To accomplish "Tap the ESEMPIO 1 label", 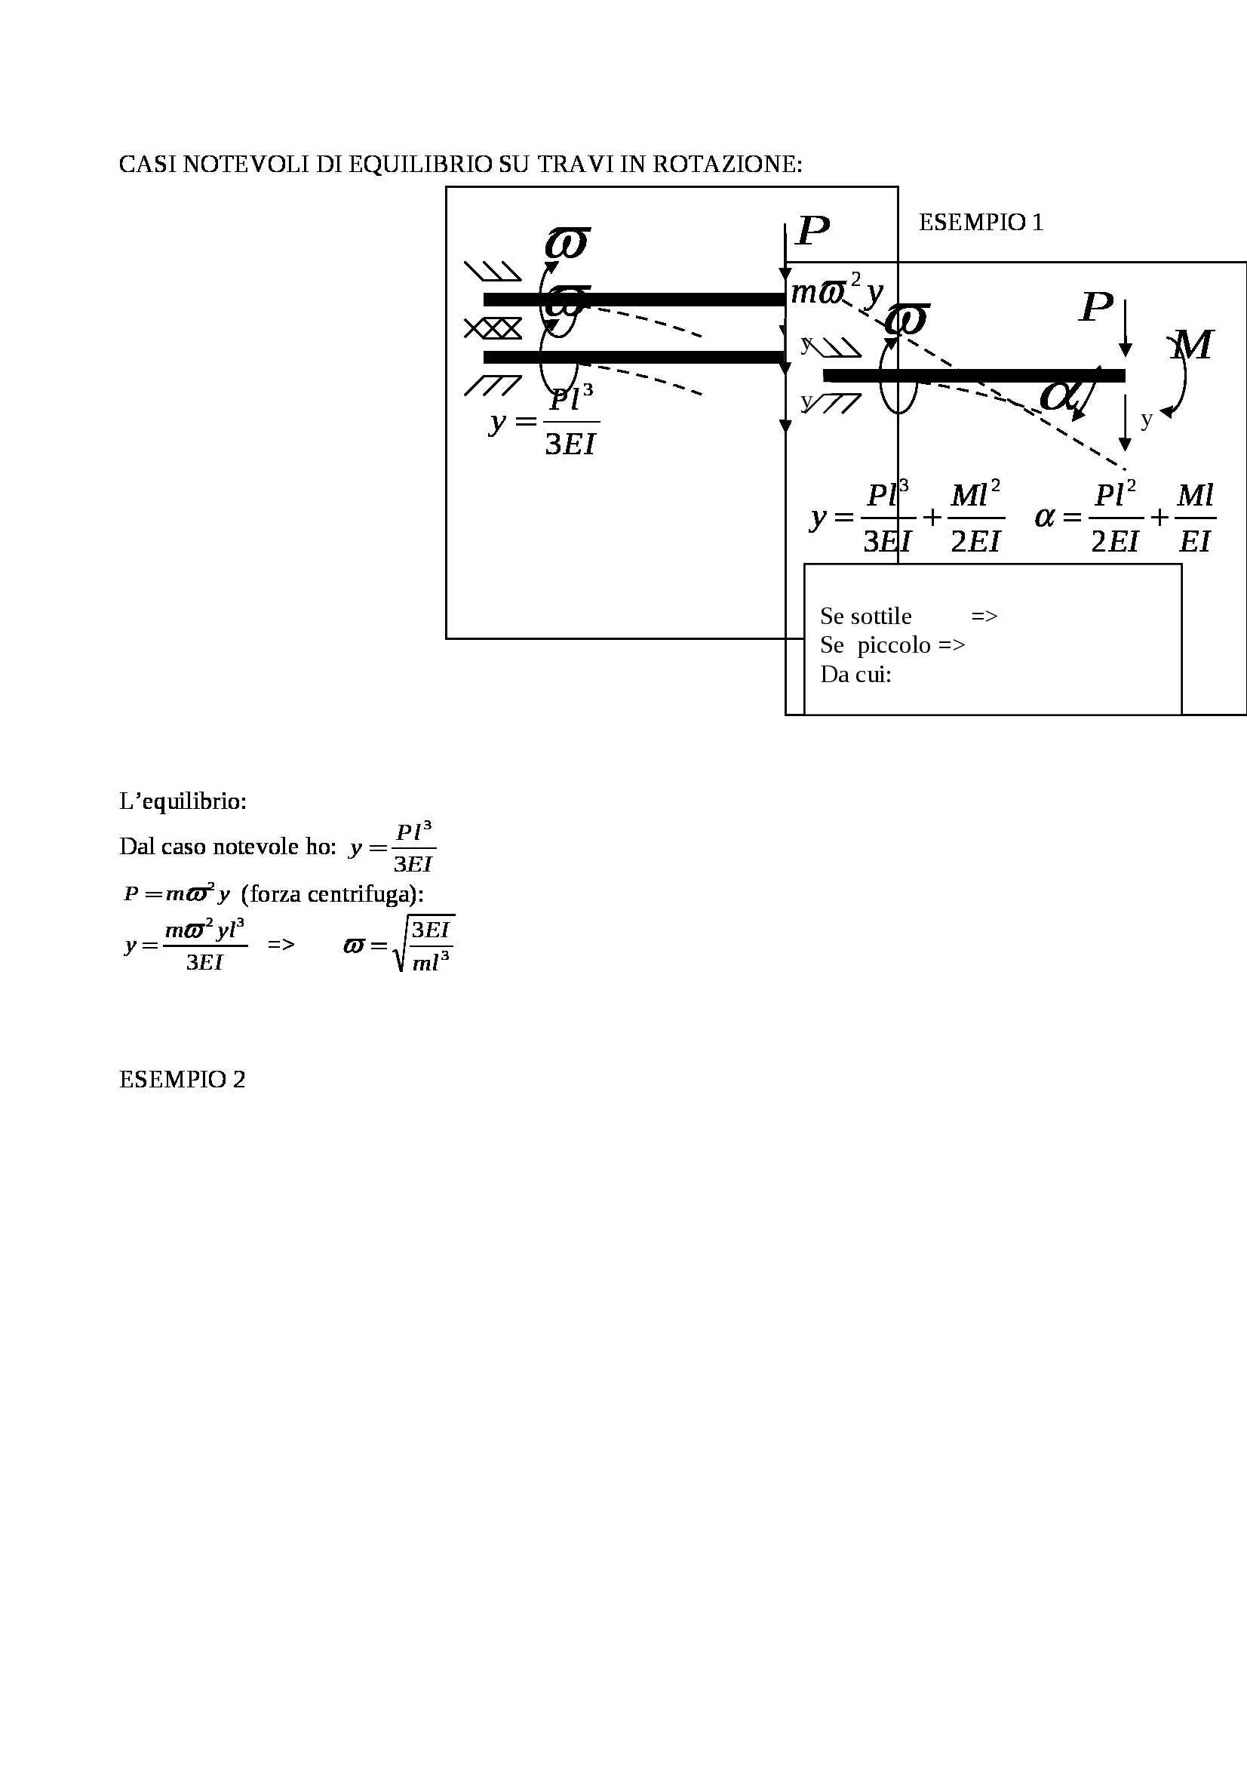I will click(981, 222).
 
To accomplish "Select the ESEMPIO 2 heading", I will click(182, 1079).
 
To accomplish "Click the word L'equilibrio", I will click(183, 801).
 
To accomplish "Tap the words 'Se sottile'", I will click(865, 616).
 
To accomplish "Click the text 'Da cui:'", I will click(855, 674).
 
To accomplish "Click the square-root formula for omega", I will click(400, 944).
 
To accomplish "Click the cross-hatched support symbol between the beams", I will click(493, 329).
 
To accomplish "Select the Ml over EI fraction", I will click(1195, 518).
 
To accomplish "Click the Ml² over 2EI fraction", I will click(975, 518).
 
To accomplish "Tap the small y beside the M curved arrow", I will click(1147, 419).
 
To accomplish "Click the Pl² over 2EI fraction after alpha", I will click(1114, 518).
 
